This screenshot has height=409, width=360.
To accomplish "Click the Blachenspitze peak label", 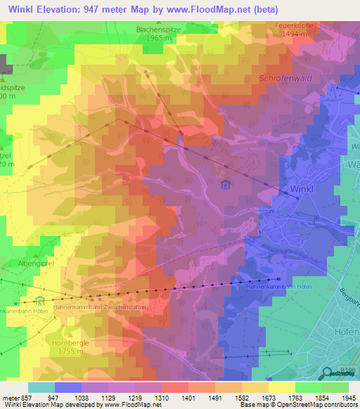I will coord(161,30).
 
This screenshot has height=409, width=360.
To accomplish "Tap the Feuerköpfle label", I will coord(293,25).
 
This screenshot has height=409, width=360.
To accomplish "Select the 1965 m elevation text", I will coord(161,39).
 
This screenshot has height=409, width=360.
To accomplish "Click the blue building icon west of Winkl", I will coord(226,186).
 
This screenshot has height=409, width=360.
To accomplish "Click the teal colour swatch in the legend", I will coord(41,387).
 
